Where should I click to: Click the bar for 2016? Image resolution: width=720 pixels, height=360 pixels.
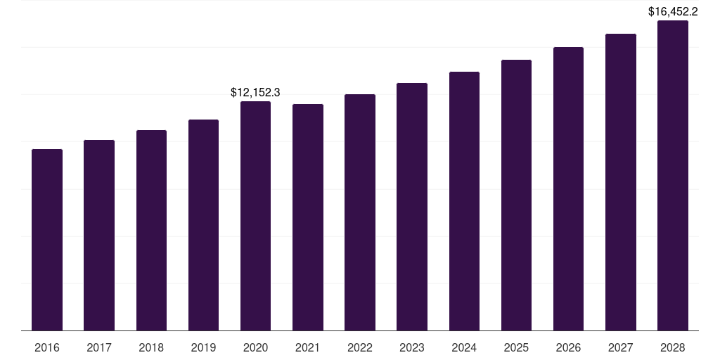point(47,239)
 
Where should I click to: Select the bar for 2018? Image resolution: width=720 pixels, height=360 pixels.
point(151,230)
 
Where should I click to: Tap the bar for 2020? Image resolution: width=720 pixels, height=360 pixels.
point(255,215)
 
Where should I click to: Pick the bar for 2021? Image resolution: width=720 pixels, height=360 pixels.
point(308,217)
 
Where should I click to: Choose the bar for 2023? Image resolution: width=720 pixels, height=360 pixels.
point(412,206)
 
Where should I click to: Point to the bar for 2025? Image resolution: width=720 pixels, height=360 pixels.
point(516,195)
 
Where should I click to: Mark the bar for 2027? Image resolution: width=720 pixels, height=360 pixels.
point(621,181)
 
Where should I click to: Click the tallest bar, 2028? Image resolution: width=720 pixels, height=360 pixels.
point(673,175)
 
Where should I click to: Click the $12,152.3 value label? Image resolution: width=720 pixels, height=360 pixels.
point(255,92)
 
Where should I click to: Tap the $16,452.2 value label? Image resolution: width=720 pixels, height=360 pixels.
point(673,11)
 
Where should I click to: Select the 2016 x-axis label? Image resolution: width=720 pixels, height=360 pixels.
point(47,347)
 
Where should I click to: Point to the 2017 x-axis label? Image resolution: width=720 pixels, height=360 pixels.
point(99,347)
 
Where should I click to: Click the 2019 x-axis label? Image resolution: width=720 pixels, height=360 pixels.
point(203,347)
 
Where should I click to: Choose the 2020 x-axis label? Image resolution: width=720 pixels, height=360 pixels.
point(255,347)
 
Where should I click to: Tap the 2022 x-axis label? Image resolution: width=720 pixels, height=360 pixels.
point(360,347)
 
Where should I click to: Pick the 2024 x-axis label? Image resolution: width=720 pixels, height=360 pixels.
point(464,347)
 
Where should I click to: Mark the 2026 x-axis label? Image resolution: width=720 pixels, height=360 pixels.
point(568,347)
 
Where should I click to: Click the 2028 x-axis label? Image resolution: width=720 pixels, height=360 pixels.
point(673,347)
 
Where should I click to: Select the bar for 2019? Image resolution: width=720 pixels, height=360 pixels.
point(203,224)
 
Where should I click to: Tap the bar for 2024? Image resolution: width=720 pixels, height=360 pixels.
point(464,200)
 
